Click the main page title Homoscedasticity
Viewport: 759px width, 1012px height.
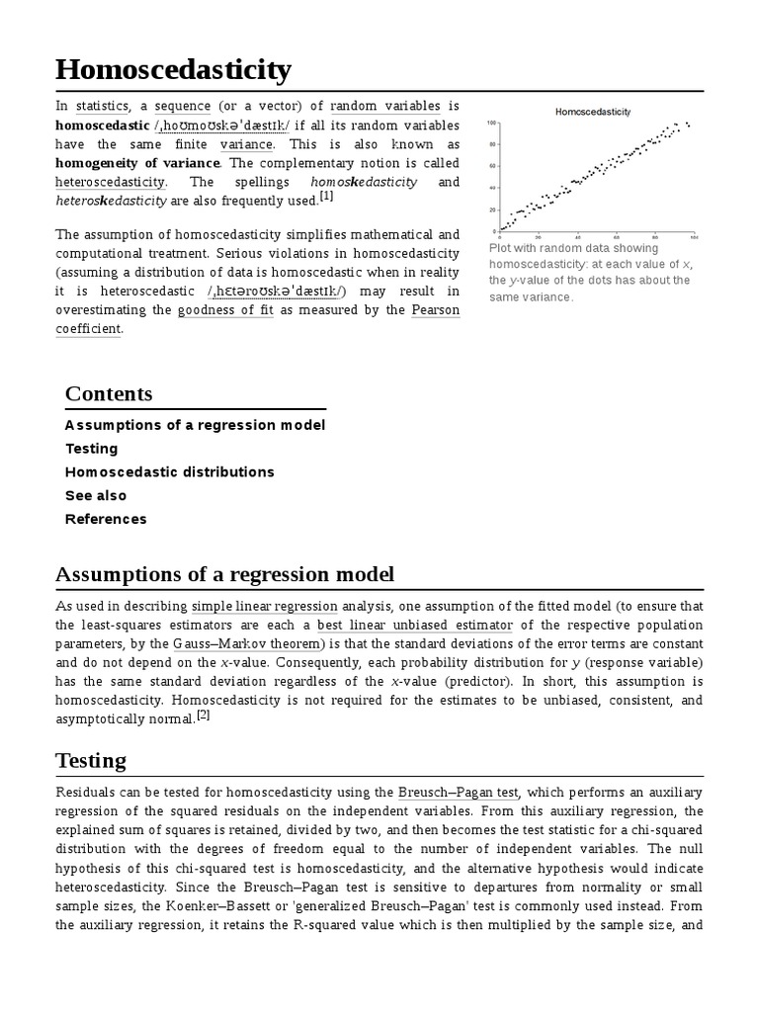[x=174, y=70]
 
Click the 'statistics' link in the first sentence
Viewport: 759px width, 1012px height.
[x=102, y=106]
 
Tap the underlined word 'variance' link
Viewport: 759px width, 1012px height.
[x=246, y=144]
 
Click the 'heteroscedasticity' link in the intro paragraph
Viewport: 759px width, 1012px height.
[x=111, y=183]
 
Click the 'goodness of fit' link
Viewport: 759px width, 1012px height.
[x=223, y=310]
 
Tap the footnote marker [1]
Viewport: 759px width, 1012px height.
[x=326, y=197]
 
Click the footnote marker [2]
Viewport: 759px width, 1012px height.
[x=203, y=717]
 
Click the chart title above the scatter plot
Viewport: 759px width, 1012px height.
[x=593, y=112]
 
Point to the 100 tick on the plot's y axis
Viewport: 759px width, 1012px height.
[x=491, y=124]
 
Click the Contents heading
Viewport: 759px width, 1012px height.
[x=109, y=393]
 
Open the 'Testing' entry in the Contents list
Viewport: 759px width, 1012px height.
[x=91, y=449]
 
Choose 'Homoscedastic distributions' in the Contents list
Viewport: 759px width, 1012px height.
[x=169, y=472]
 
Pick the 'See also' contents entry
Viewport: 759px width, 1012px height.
[x=96, y=495]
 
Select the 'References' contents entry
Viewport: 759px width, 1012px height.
[x=106, y=519]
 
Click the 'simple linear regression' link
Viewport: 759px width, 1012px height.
[x=265, y=606]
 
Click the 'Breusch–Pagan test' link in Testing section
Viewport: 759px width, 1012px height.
[x=459, y=792]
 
